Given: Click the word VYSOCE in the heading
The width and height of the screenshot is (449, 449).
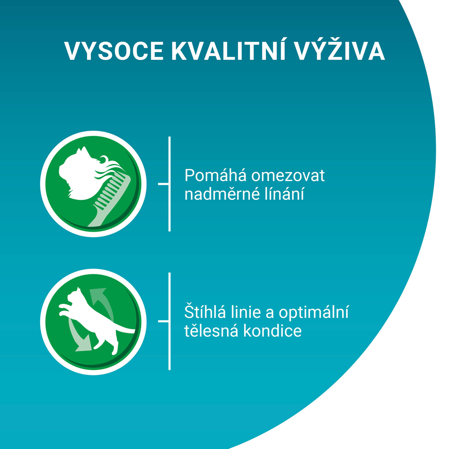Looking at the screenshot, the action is (114, 51).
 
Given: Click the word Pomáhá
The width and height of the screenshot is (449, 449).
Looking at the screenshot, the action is (216, 175).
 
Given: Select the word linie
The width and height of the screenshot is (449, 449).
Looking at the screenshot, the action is (246, 312).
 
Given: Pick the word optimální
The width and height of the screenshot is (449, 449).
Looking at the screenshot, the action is (314, 313).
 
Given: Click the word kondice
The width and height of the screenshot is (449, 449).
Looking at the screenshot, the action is (273, 331).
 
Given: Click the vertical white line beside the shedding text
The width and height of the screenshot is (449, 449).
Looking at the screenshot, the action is (170, 184).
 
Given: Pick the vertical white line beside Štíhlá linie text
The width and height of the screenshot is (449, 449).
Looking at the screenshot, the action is (170, 321).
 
